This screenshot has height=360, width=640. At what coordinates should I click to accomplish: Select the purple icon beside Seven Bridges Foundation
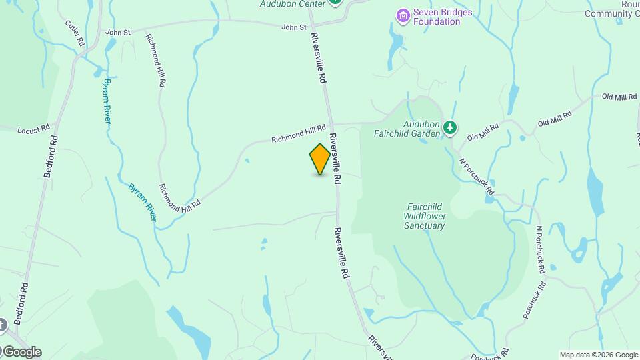click(402, 15)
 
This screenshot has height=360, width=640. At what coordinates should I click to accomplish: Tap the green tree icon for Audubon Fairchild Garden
click(451, 127)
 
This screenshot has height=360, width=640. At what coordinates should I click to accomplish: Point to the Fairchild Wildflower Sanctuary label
click(424, 216)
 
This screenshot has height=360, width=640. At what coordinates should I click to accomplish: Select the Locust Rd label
click(33, 129)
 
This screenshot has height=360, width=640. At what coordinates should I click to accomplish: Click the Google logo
click(21, 352)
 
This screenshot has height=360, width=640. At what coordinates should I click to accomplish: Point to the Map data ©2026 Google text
click(598, 355)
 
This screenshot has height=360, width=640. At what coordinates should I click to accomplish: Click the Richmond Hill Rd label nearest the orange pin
click(298, 133)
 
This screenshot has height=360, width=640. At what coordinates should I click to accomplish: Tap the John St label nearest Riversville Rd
click(293, 27)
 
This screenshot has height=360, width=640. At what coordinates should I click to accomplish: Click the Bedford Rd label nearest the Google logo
click(24, 302)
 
